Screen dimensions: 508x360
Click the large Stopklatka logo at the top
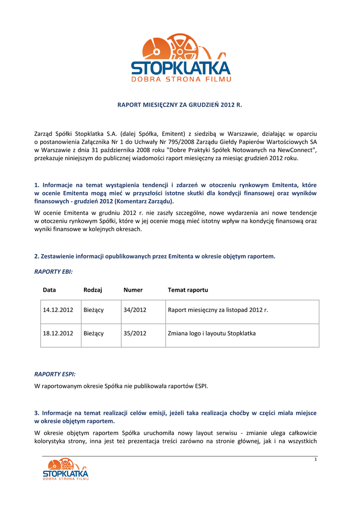(x=181, y=57)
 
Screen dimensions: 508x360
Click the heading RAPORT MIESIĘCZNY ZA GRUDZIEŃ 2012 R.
(x=180, y=105)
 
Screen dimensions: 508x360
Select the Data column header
(x=49, y=290)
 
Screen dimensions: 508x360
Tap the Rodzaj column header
(x=93, y=290)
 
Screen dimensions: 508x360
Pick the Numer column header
(x=133, y=290)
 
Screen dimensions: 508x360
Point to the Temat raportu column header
(x=188, y=290)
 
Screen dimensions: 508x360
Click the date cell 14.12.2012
(x=58, y=310)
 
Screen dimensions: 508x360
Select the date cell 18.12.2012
(x=58, y=334)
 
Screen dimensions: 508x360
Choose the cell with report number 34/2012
(x=135, y=310)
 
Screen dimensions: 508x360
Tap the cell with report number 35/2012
(x=135, y=334)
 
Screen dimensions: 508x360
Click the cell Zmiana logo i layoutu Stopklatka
(x=212, y=334)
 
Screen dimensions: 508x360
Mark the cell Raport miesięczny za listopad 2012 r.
(x=217, y=310)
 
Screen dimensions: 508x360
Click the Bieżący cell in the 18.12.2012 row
(x=94, y=334)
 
